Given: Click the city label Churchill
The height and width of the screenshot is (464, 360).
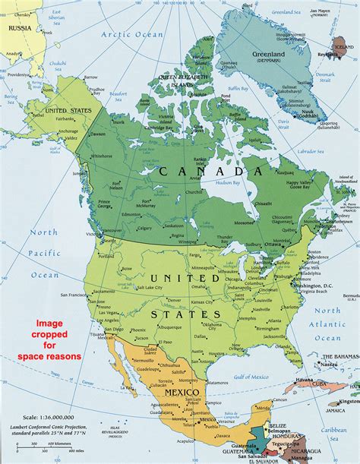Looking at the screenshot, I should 204,191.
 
